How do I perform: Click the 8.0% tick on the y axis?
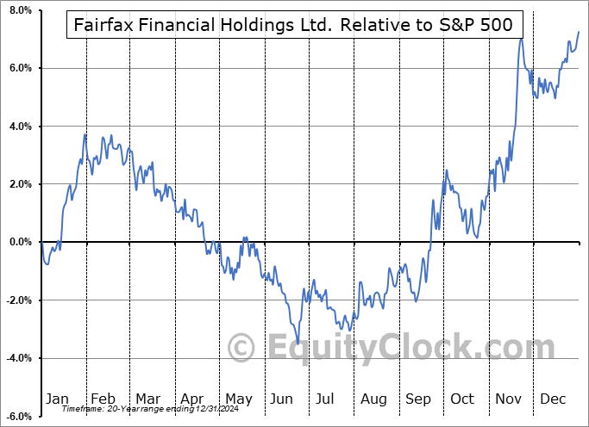click(x=19, y=10)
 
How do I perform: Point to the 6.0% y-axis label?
click(x=19, y=68)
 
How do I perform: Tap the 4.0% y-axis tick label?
click(x=19, y=127)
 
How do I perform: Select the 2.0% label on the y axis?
click(x=19, y=184)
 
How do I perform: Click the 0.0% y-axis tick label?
click(x=19, y=242)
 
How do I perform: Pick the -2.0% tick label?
click(x=17, y=300)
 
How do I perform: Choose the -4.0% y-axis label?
click(x=17, y=358)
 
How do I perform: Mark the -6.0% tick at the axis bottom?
click(x=17, y=417)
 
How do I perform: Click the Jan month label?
click(x=57, y=399)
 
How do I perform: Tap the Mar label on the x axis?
click(x=147, y=399)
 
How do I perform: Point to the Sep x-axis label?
click(x=418, y=399)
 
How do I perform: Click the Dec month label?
click(x=554, y=399)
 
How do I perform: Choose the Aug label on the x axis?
click(x=373, y=399)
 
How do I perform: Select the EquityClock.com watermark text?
click(x=379, y=348)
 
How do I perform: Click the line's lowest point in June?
click(x=298, y=343)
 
